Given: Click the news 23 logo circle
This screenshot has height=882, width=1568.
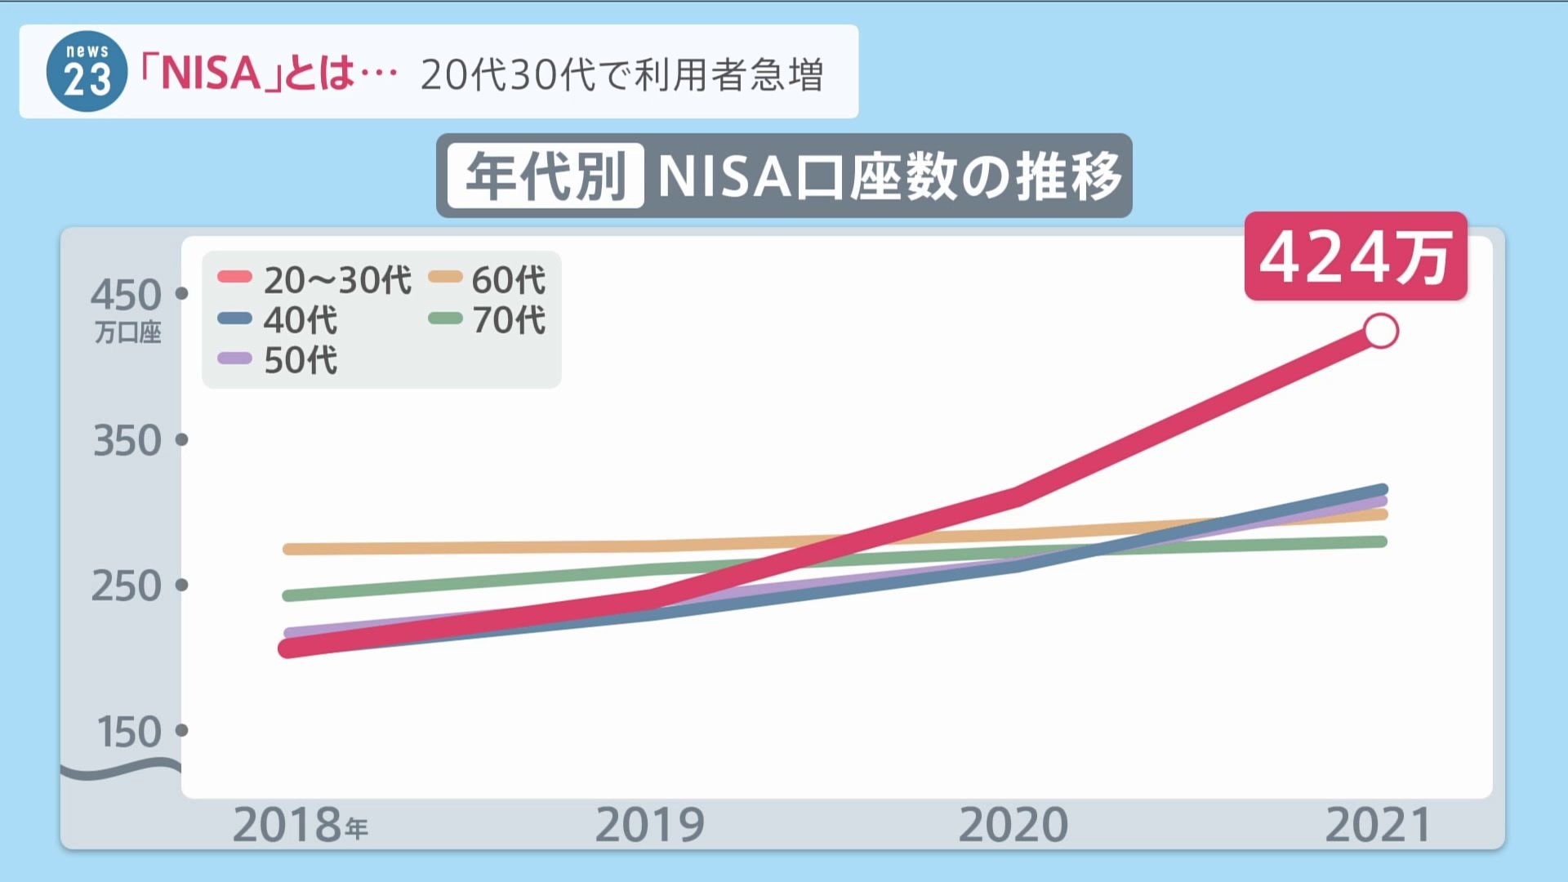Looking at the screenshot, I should click(87, 72).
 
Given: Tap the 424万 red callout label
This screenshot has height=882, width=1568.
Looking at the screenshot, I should click(1355, 257).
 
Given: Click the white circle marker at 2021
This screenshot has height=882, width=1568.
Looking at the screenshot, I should click(1381, 332).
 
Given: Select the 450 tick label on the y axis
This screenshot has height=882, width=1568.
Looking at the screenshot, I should click(126, 295).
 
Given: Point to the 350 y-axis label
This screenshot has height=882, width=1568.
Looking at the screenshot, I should click(127, 441).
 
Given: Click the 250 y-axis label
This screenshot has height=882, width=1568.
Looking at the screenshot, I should click(127, 586).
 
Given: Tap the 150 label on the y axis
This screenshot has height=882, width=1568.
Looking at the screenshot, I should click(129, 732).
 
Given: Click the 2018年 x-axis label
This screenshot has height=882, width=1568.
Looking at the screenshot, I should click(300, 825).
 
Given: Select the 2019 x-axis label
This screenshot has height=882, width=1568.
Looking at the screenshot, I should click(649, 825).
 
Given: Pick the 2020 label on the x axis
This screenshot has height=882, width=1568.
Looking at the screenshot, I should click(1013, 825).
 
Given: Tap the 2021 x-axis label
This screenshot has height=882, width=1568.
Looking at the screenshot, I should click(1378, 825).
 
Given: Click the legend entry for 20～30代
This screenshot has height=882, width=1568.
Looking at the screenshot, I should click(314, 280).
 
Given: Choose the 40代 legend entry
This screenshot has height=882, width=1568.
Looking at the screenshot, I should click(278, 319).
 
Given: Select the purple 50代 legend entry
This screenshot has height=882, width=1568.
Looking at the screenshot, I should click(278, 359).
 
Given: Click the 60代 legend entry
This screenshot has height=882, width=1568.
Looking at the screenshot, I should click(488, 280).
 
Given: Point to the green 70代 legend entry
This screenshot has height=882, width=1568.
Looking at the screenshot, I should click(488, 319).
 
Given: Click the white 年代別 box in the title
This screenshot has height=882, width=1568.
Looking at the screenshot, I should click(546, 176).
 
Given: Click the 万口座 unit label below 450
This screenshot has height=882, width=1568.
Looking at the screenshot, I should click(127, 332).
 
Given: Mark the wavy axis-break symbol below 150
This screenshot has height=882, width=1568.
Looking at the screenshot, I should click(121, 769).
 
